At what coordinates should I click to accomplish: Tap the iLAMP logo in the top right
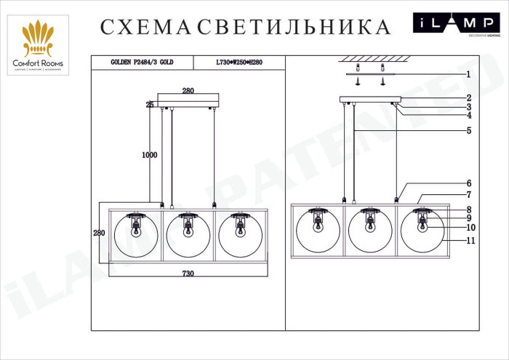pos(457,25)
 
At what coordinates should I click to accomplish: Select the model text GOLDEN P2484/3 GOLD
pos(142,63)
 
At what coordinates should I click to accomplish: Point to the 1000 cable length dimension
pos(149,155)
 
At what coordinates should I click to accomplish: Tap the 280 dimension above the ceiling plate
pos(188,91)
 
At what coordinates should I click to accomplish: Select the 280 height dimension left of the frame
pos(100,233)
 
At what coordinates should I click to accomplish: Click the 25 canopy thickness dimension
pos(150,105)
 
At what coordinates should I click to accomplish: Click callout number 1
pos(469,74)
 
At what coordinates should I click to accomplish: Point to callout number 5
pos(469,131)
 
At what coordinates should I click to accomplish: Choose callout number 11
pos(470,240)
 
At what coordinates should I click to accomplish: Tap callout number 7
pos(469,195)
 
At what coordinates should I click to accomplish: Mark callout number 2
pos(469,97)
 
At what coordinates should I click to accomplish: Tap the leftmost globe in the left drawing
pos(136,234)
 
